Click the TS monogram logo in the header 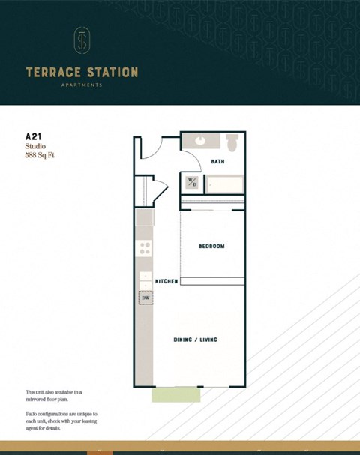click(81, 42)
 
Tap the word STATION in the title click(110, 73)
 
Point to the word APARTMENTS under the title click(82, 85)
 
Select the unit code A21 click(33, 136)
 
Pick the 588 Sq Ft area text click(40, 157)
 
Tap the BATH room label click(217, 161)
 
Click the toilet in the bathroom click(232, 142)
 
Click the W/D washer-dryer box click(192, 182)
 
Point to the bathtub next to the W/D click(225, 184)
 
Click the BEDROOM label click(211, 246)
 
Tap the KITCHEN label click(166, 281)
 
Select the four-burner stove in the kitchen click(145, 247)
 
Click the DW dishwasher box click(145, 298)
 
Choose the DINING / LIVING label click(196, 340)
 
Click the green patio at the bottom click(175, 394)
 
